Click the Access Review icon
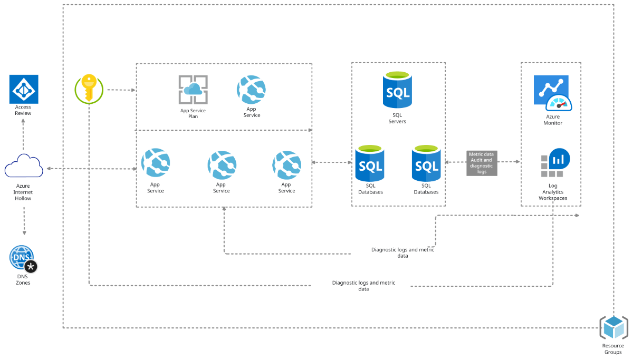click(24, 89)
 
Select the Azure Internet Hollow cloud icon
click(24, 167)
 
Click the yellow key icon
click(89, 88)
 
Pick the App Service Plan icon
click(193, 90)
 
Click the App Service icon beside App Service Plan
click(252, 90)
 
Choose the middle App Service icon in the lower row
click(222, 164)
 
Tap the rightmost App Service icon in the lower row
click(286, 164)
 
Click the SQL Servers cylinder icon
click(397, 91)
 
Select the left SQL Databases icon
click(370, 163)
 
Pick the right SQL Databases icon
click(426, 163)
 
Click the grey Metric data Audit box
click(481, 163)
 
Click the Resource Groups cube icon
click(613, 328)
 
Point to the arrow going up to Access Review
click(24, 134)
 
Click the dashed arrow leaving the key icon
click(121, 90)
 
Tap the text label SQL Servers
click(397, 118)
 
